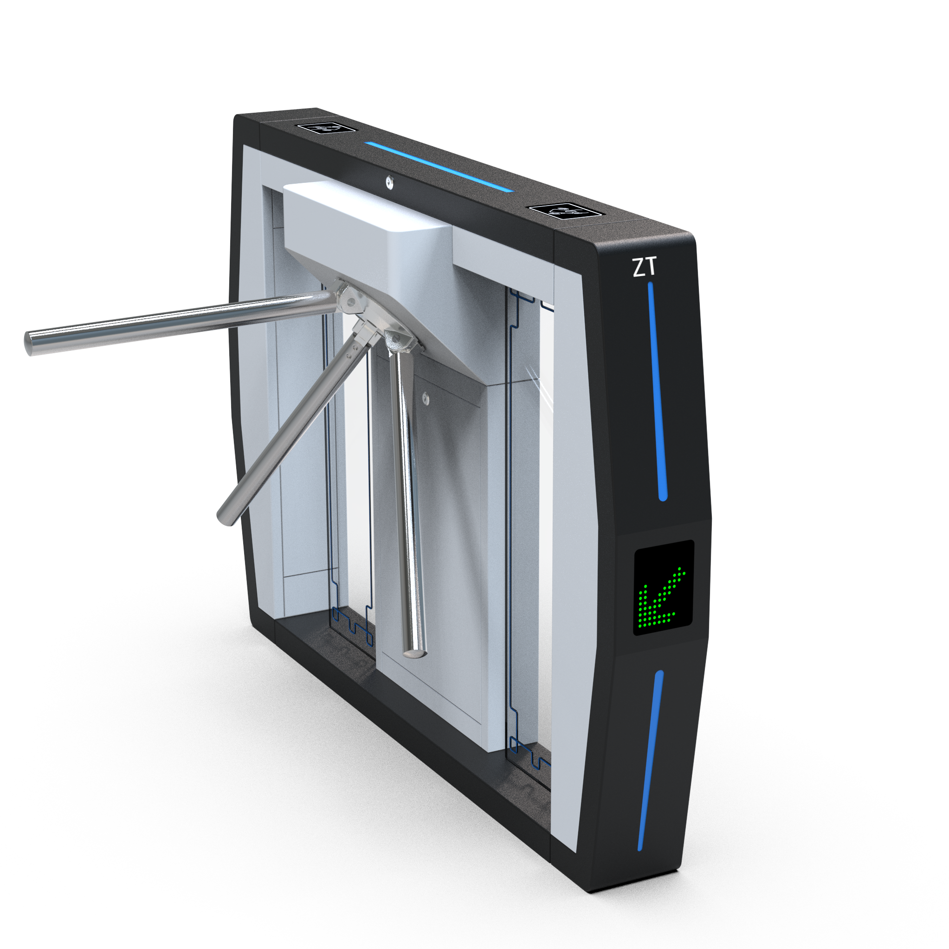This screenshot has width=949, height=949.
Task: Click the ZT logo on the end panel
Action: pyautogui.click(x=644, y=267)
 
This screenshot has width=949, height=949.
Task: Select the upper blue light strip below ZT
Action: pyautogui.click(x=657, y=390)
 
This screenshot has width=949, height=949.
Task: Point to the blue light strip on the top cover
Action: pyautogui.click(x=438, y=167)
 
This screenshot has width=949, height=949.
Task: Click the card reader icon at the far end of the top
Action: pyautogui.click(x=326, y=128)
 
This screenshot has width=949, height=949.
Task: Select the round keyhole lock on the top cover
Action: pyautogui.click(x=389, y=181)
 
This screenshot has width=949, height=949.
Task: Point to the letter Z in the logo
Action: pyautogui.click(x=638, y=267)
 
